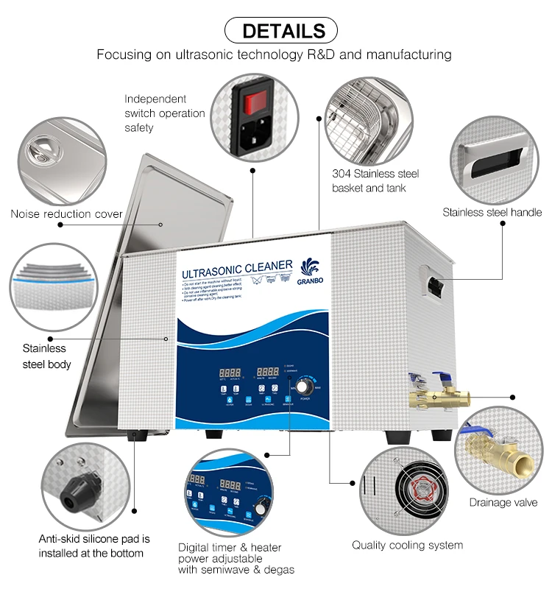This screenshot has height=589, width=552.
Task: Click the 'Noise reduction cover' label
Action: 66,214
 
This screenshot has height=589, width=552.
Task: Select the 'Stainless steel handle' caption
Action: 492,212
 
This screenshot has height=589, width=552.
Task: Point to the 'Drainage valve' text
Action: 503,503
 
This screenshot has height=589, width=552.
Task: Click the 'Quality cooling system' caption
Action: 407,545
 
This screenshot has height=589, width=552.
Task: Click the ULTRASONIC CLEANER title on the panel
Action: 237,269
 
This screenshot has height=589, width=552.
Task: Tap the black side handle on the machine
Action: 436,281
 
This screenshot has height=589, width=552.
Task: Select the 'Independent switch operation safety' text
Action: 164,113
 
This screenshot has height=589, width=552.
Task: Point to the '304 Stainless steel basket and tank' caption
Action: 375,181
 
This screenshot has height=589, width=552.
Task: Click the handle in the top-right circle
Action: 492,159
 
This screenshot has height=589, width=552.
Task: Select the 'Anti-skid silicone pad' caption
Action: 94,546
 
